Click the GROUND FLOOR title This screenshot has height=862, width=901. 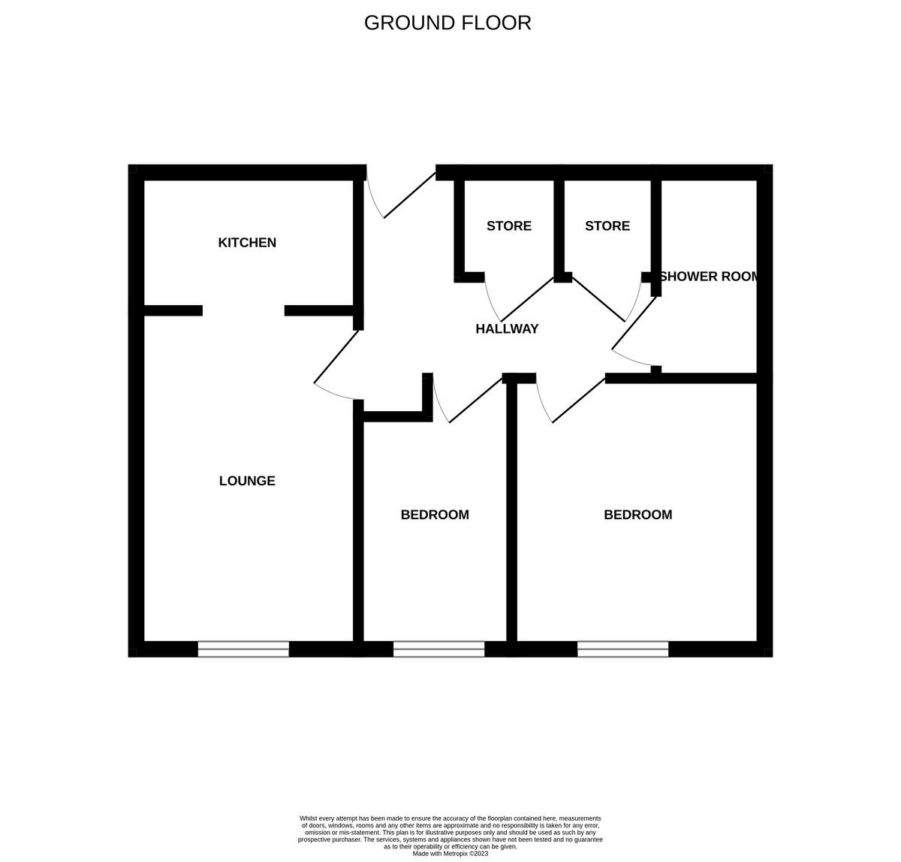tap(447, 23)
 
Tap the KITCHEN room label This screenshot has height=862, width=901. tap(247, 242)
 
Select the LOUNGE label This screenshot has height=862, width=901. tap(247, 480)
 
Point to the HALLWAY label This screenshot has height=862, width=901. tap(507, 328)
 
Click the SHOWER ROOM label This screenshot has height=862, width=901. tap(708, 276)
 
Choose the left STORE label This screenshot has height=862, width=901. tap(508, 225)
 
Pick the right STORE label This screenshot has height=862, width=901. tap(607, 225)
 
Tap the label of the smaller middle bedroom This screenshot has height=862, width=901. tap(435, 514)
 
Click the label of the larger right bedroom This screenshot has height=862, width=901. tap(637, 514)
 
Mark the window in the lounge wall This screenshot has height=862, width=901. tap(243, 649)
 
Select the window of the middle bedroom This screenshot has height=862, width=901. tap(439, 649)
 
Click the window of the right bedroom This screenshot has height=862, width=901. tap(622, 649)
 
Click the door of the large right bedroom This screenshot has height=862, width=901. tap(578, 400)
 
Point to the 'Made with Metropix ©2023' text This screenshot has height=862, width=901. tap(450, 853)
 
